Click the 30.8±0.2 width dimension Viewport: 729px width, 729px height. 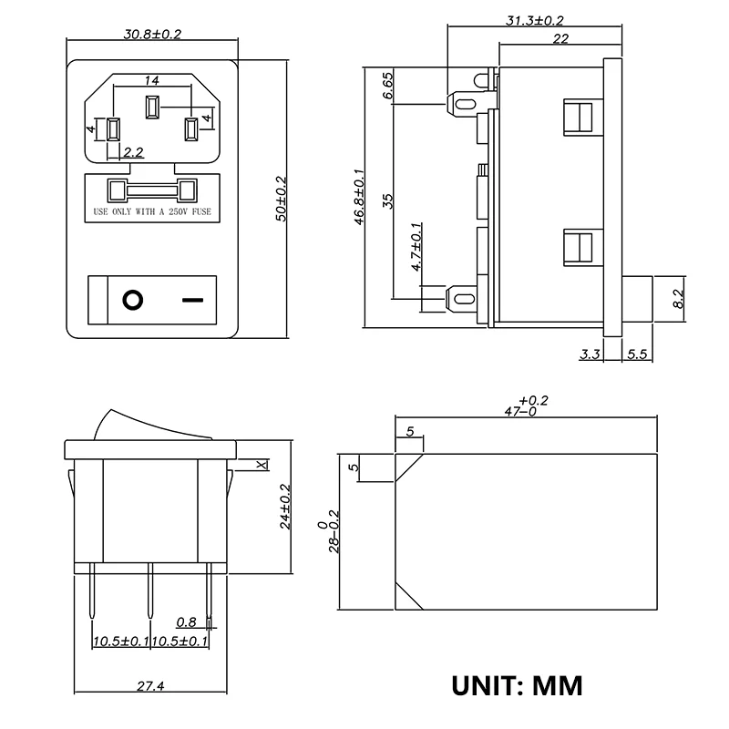152,35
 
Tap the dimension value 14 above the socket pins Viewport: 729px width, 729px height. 152,80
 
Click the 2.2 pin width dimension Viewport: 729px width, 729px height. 133,151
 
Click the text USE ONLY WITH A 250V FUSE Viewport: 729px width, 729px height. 152,211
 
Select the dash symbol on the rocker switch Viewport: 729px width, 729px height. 192,299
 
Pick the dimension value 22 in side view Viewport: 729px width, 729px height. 560,38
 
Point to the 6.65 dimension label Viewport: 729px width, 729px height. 388,85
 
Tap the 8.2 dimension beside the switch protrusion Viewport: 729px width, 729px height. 677,298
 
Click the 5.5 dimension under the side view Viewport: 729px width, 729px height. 637,354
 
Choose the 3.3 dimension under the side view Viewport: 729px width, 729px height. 590,354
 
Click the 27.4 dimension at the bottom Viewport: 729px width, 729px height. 152,685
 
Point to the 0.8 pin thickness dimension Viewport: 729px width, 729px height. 186,623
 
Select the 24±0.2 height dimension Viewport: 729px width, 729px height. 284,507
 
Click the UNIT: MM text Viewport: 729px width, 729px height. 517,684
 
